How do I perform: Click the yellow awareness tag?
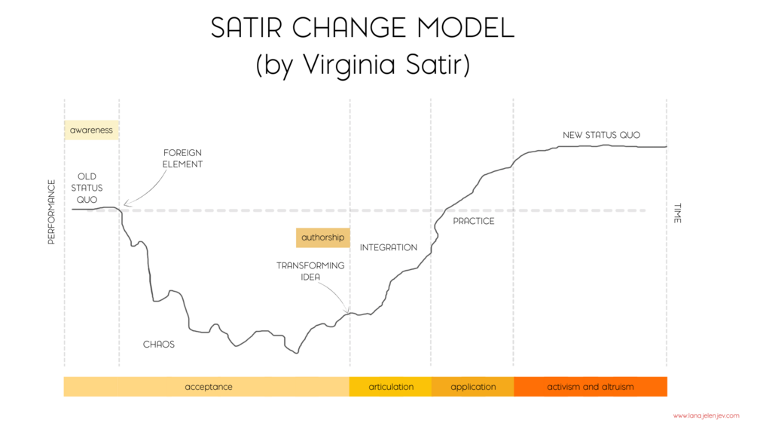pos(91,130)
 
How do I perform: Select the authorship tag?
pos(322,238)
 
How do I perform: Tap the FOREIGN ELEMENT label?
pos(182,158)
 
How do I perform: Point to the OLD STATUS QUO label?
pos(87,188)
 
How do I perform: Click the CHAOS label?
pos(159,345)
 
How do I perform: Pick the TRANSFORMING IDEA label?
pos(310,271)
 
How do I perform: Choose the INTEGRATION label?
pos(388,247)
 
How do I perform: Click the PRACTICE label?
pos(474,221)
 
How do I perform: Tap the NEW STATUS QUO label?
pos(601,135)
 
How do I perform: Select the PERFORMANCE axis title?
pos(51,212)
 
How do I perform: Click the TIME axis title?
pos(677,213)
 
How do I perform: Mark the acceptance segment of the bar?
pos(208,387)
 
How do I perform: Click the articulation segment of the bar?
pos(391,387)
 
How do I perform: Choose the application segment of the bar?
pos(473,387)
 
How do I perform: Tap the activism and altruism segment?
pos(591,387)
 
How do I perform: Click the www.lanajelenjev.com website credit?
pos(706,415)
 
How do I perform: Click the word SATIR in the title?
pos(248,28)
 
